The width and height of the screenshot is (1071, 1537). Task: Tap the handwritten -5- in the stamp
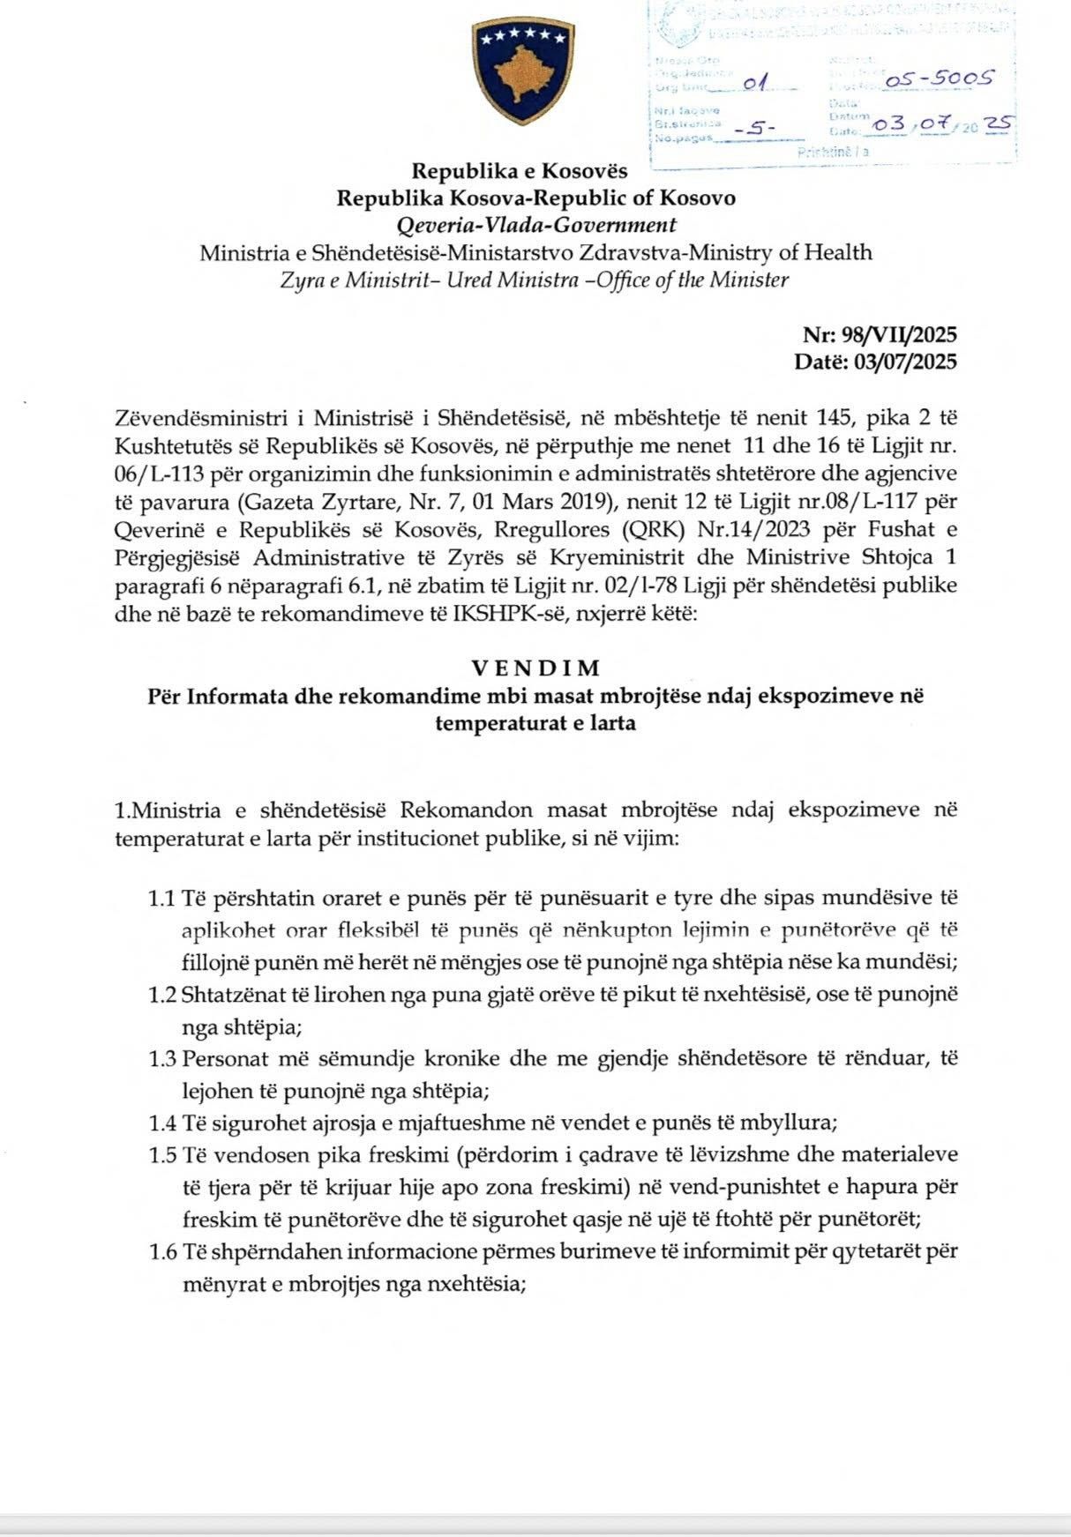click(x=753, y=129)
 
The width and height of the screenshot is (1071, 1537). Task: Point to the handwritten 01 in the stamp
click(x=754, y=84)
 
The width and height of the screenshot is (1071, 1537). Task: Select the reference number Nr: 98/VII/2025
click(x=880, y=335)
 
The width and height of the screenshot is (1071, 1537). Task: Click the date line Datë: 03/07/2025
click(x=875, y=362)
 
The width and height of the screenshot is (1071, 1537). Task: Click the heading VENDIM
click(x=535, y=668)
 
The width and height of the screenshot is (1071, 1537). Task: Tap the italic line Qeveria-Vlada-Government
click(x=537, y=225)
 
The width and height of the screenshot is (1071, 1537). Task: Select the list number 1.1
click(x=162, y=899)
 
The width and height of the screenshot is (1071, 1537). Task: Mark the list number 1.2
click(x=162, y=995)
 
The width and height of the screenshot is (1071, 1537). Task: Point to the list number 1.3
click(x=162, y=1058)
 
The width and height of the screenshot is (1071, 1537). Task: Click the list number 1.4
click(x=162, y=1123)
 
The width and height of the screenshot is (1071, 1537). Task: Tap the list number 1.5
click(x=162, y=1154)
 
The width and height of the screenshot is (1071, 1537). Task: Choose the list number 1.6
click(x=162, y=1251)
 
